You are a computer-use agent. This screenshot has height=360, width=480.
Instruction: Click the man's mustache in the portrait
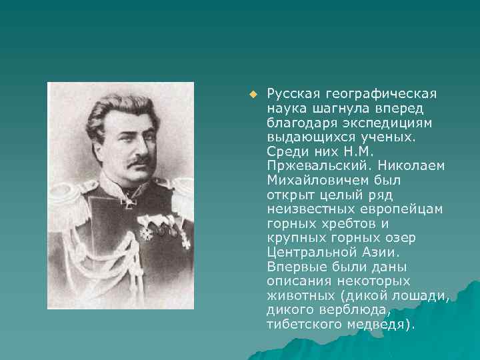tap(138, 161)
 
